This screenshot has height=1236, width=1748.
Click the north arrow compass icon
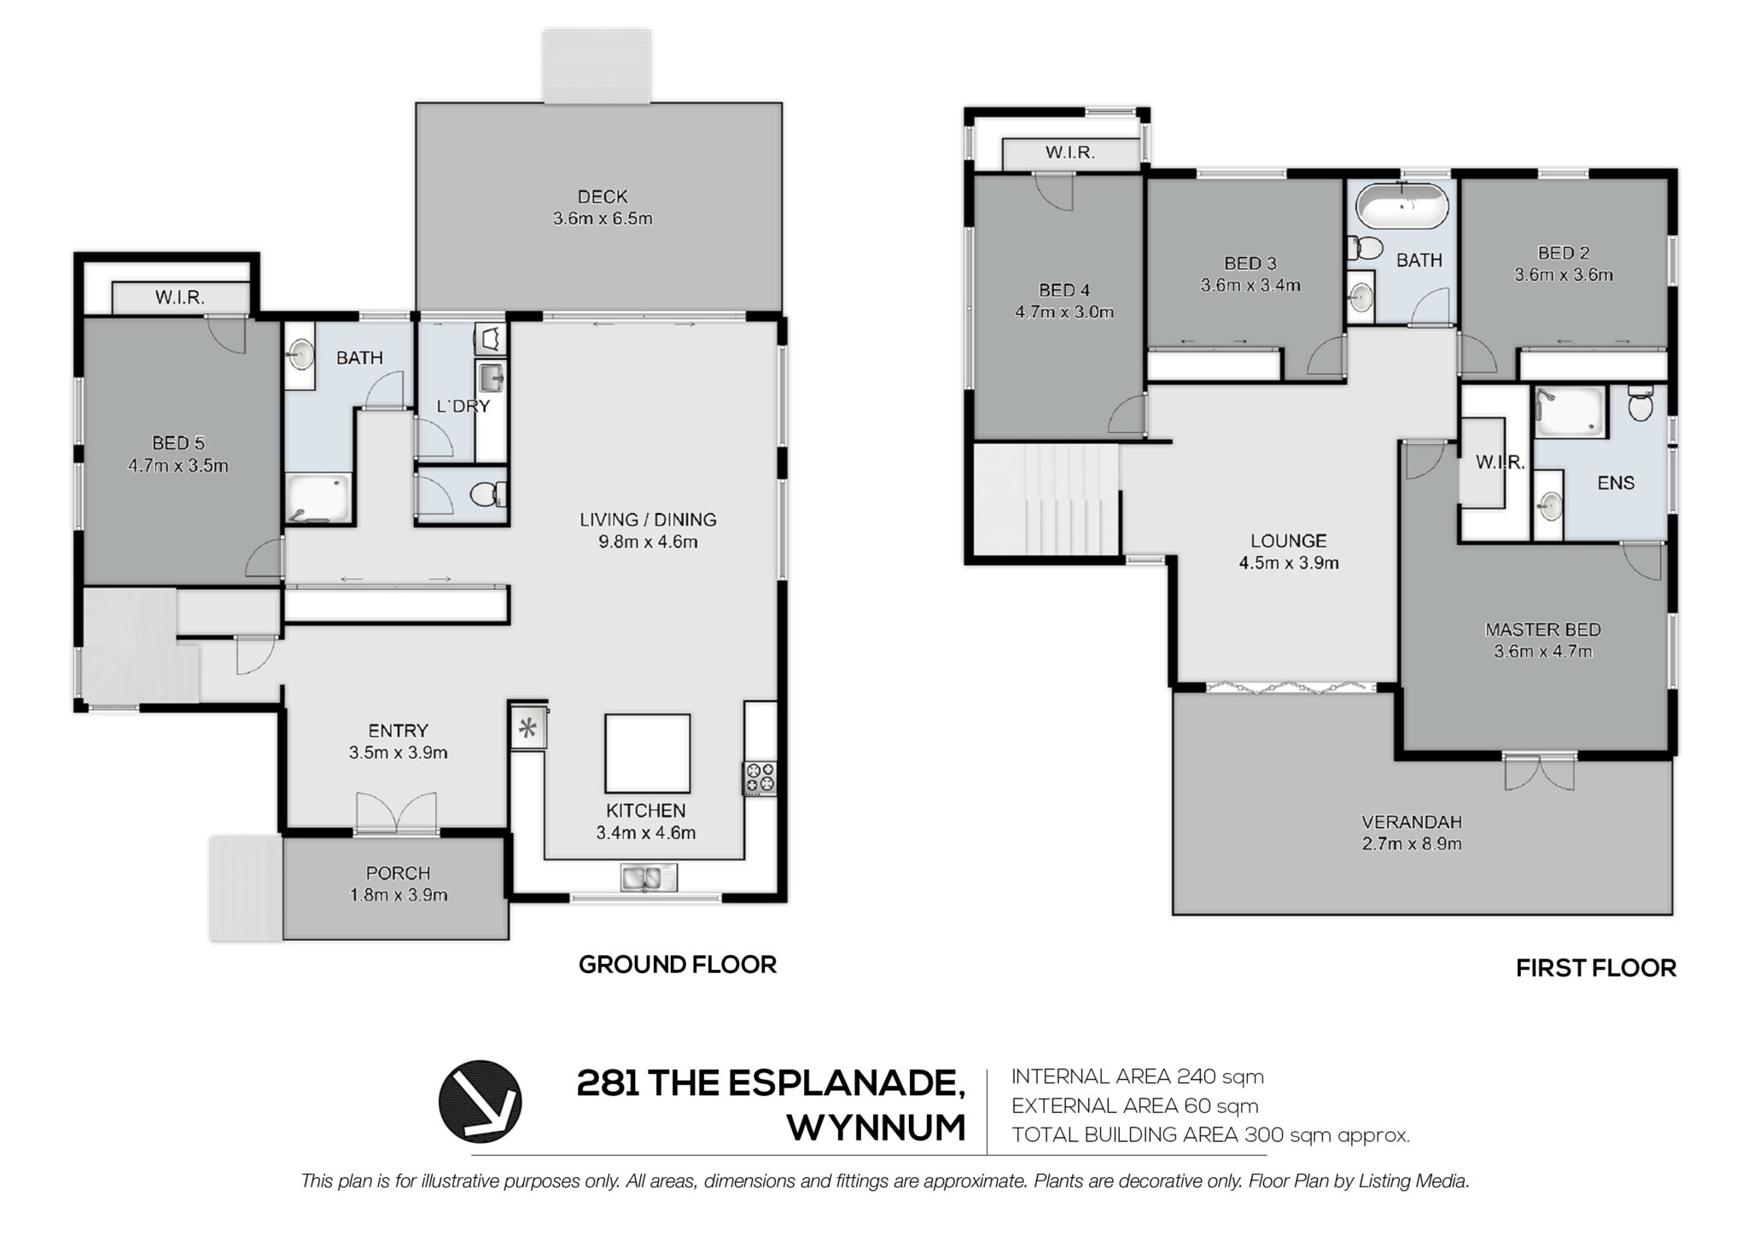(480, 1101)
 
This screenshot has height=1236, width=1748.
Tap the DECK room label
(603, 196)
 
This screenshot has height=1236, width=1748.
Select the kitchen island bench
(648, 754)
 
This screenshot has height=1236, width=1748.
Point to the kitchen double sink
(649, 877)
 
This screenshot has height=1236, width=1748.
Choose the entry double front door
(397, 813)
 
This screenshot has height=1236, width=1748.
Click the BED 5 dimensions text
(178, 466)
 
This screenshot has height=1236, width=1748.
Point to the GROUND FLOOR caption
(678, 965)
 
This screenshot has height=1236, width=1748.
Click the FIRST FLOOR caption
(1596, 968)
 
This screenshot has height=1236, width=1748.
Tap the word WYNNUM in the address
(876, 1128)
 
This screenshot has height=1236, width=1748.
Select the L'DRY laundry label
(463, 406)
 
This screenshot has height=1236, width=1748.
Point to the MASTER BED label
(1542, 630)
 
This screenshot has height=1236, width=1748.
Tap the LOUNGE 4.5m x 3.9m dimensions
(1288, 563)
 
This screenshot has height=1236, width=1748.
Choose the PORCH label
(398, 873)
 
